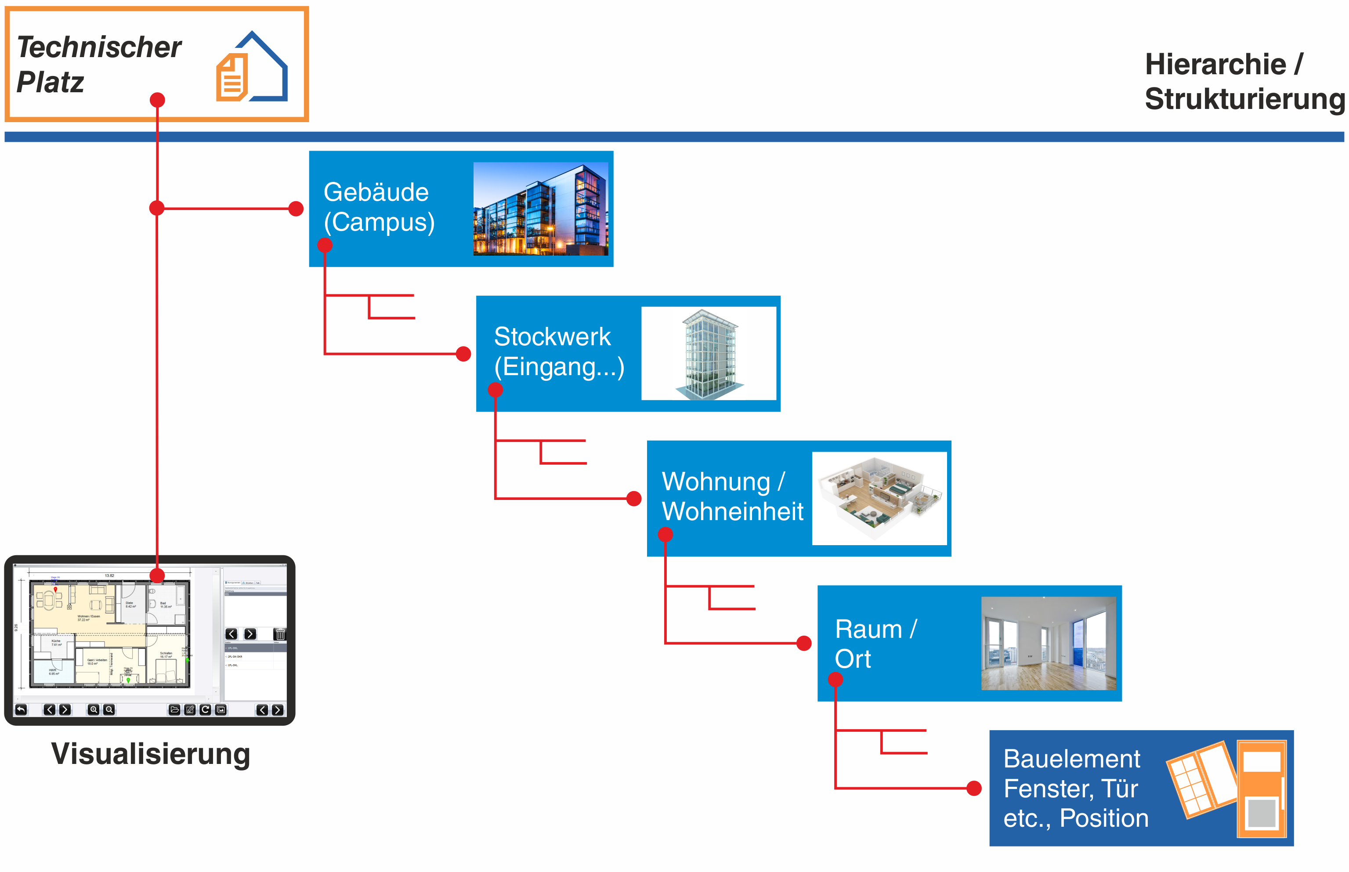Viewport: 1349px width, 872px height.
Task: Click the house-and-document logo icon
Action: click(252, 68)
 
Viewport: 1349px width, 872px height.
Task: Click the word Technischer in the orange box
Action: click(99, 47)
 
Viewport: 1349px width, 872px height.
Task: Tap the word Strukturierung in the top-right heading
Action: click(1244, 99)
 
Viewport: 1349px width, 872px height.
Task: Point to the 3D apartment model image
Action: click(879, 498)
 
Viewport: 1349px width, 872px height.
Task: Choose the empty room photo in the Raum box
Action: click(1048, 643)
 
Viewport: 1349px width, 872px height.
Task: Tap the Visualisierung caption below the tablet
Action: click(150, 754)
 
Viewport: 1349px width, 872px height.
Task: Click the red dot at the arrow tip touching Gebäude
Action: click(296, 209)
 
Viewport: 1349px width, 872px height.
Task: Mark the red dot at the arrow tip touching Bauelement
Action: click(974, 788)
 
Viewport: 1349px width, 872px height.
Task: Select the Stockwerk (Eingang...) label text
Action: click(559, 351)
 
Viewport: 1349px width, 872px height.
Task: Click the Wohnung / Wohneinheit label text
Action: click(732, 496)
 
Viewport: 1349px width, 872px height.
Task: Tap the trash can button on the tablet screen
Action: click(280, 634)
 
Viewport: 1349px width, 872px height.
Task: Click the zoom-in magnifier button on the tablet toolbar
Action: click(94, 709)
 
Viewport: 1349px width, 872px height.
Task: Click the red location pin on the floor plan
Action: click(55, 590)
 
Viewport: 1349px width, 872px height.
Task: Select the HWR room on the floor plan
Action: click(53, 672)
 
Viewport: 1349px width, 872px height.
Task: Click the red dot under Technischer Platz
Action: click(157, 100)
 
